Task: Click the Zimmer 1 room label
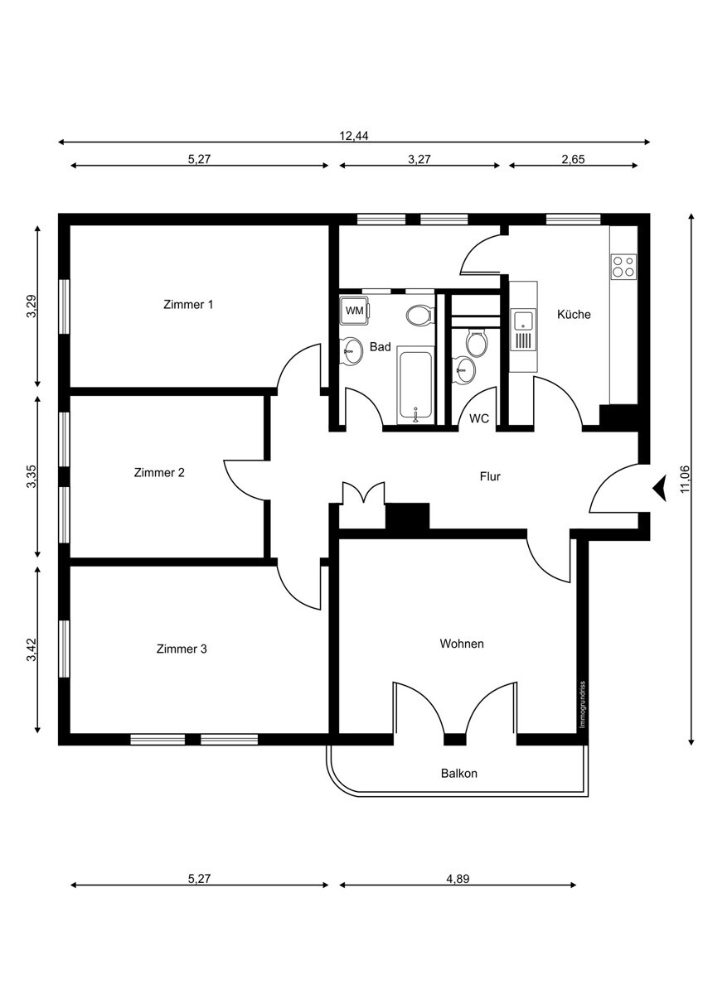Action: (x=188, y=304)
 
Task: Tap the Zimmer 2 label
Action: (x=159, y=472)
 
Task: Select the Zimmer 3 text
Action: (x=182, y=649)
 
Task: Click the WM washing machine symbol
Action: (x=355, y=311)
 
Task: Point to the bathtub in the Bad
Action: (x=415, y=385)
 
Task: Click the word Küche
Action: (x=574, y=315)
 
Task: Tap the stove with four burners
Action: (x=623, y=266)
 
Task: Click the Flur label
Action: (x=491, y=476)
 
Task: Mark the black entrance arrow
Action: (x=660, y=488)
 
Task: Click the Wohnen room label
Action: (x=462, y=644)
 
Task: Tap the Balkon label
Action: (x=458, y=774)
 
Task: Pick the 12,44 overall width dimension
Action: (x=354, y=137)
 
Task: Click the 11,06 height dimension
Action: (x=685, y=479)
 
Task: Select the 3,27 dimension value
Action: (x=419, y=160)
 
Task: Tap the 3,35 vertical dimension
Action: (x=31, y=478)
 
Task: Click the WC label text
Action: (x=479, y=418)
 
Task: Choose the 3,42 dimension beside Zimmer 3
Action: (x=31, y=650)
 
